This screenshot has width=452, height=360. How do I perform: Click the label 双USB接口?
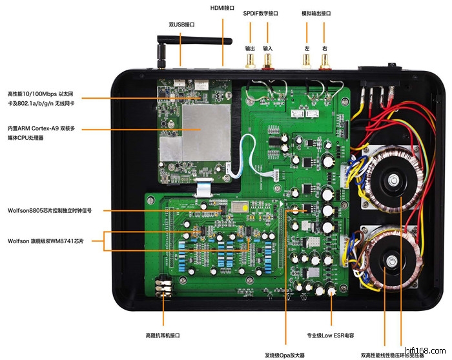coord(181,25)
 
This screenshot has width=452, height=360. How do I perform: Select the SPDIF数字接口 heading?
coord(260,13)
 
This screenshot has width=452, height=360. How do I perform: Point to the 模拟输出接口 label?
coord(316,13)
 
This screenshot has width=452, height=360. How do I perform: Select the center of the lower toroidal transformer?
coord(392,260)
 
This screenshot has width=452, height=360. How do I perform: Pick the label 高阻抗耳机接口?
coord(163,335)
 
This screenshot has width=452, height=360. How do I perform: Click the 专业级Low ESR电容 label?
coord(331,336)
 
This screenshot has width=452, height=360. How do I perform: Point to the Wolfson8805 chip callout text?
coord(50,210)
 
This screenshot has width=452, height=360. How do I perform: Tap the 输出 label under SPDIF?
coord(250,48)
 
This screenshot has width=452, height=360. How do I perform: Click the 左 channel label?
coord(307,48)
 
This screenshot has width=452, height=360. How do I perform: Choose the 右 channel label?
coord(324,48)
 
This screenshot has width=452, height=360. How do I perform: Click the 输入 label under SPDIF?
coord(268,48)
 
